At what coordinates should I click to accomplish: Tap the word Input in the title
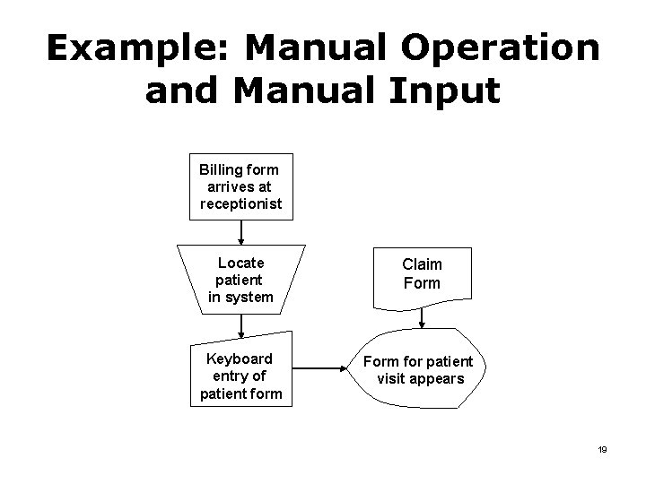point(445,92)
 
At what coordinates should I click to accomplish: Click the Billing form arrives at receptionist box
point(240,186)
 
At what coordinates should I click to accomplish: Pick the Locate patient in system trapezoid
point(240,280)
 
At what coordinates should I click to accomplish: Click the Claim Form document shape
point(422,274)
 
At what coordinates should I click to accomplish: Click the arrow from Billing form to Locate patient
point(240,231)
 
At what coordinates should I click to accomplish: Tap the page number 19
point(603,449)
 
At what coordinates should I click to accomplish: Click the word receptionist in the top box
point(240,203)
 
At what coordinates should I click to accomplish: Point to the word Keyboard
point(240,359)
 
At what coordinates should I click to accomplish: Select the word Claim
point(422,264)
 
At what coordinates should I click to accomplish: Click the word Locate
point(241,263)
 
